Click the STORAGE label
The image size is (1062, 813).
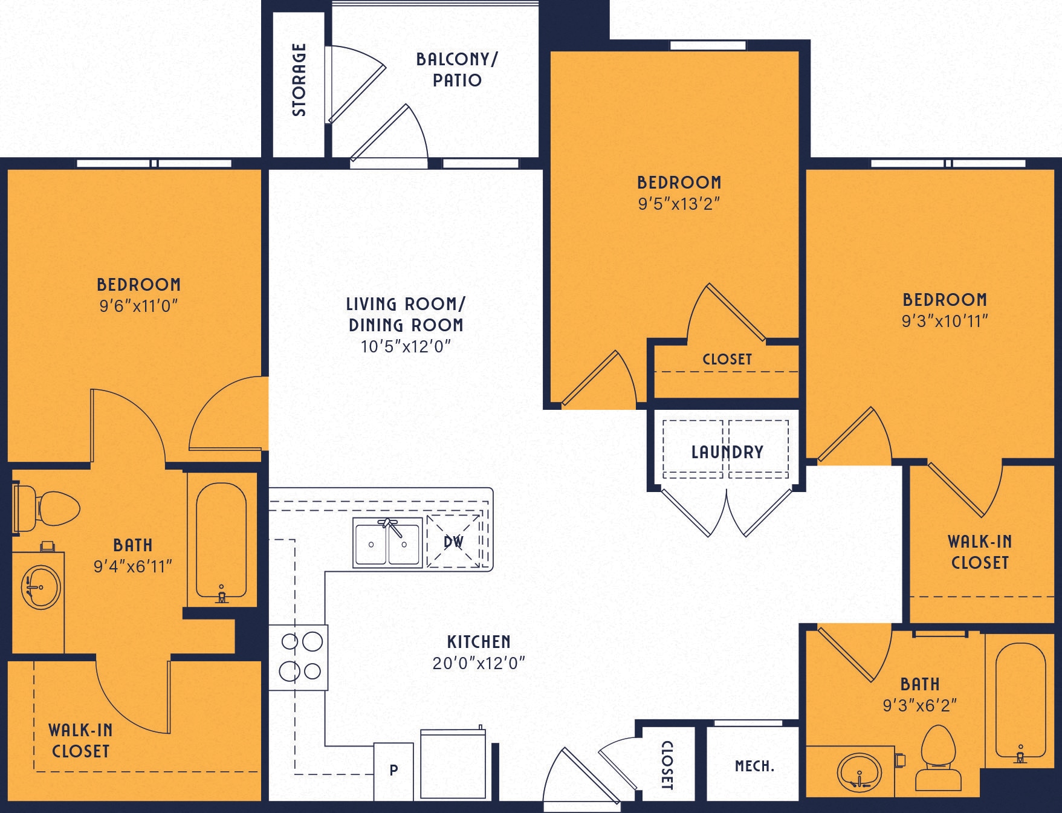pos(299,80)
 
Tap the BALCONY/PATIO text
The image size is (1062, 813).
pos(457,70)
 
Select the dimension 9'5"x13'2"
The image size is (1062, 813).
pos(679,204)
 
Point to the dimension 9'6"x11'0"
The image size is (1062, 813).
pos(138,306)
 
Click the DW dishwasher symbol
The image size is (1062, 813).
pos(454,542)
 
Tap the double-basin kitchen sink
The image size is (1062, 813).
pos(387,543)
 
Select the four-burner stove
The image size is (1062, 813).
pos(299,657)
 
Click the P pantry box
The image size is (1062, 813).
pos(393,771)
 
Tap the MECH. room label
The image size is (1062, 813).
pos(754,766)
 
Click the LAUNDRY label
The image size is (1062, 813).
pos(727,452)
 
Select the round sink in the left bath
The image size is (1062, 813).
pos(40,587)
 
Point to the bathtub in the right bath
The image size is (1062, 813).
pos(1020,701)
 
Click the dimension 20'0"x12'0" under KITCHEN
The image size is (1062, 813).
pos(479,663)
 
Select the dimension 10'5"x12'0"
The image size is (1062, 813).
pos(406,346)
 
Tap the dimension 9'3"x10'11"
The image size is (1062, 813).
pos(944,321)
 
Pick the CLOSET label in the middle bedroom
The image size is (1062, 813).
pos(727,359)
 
